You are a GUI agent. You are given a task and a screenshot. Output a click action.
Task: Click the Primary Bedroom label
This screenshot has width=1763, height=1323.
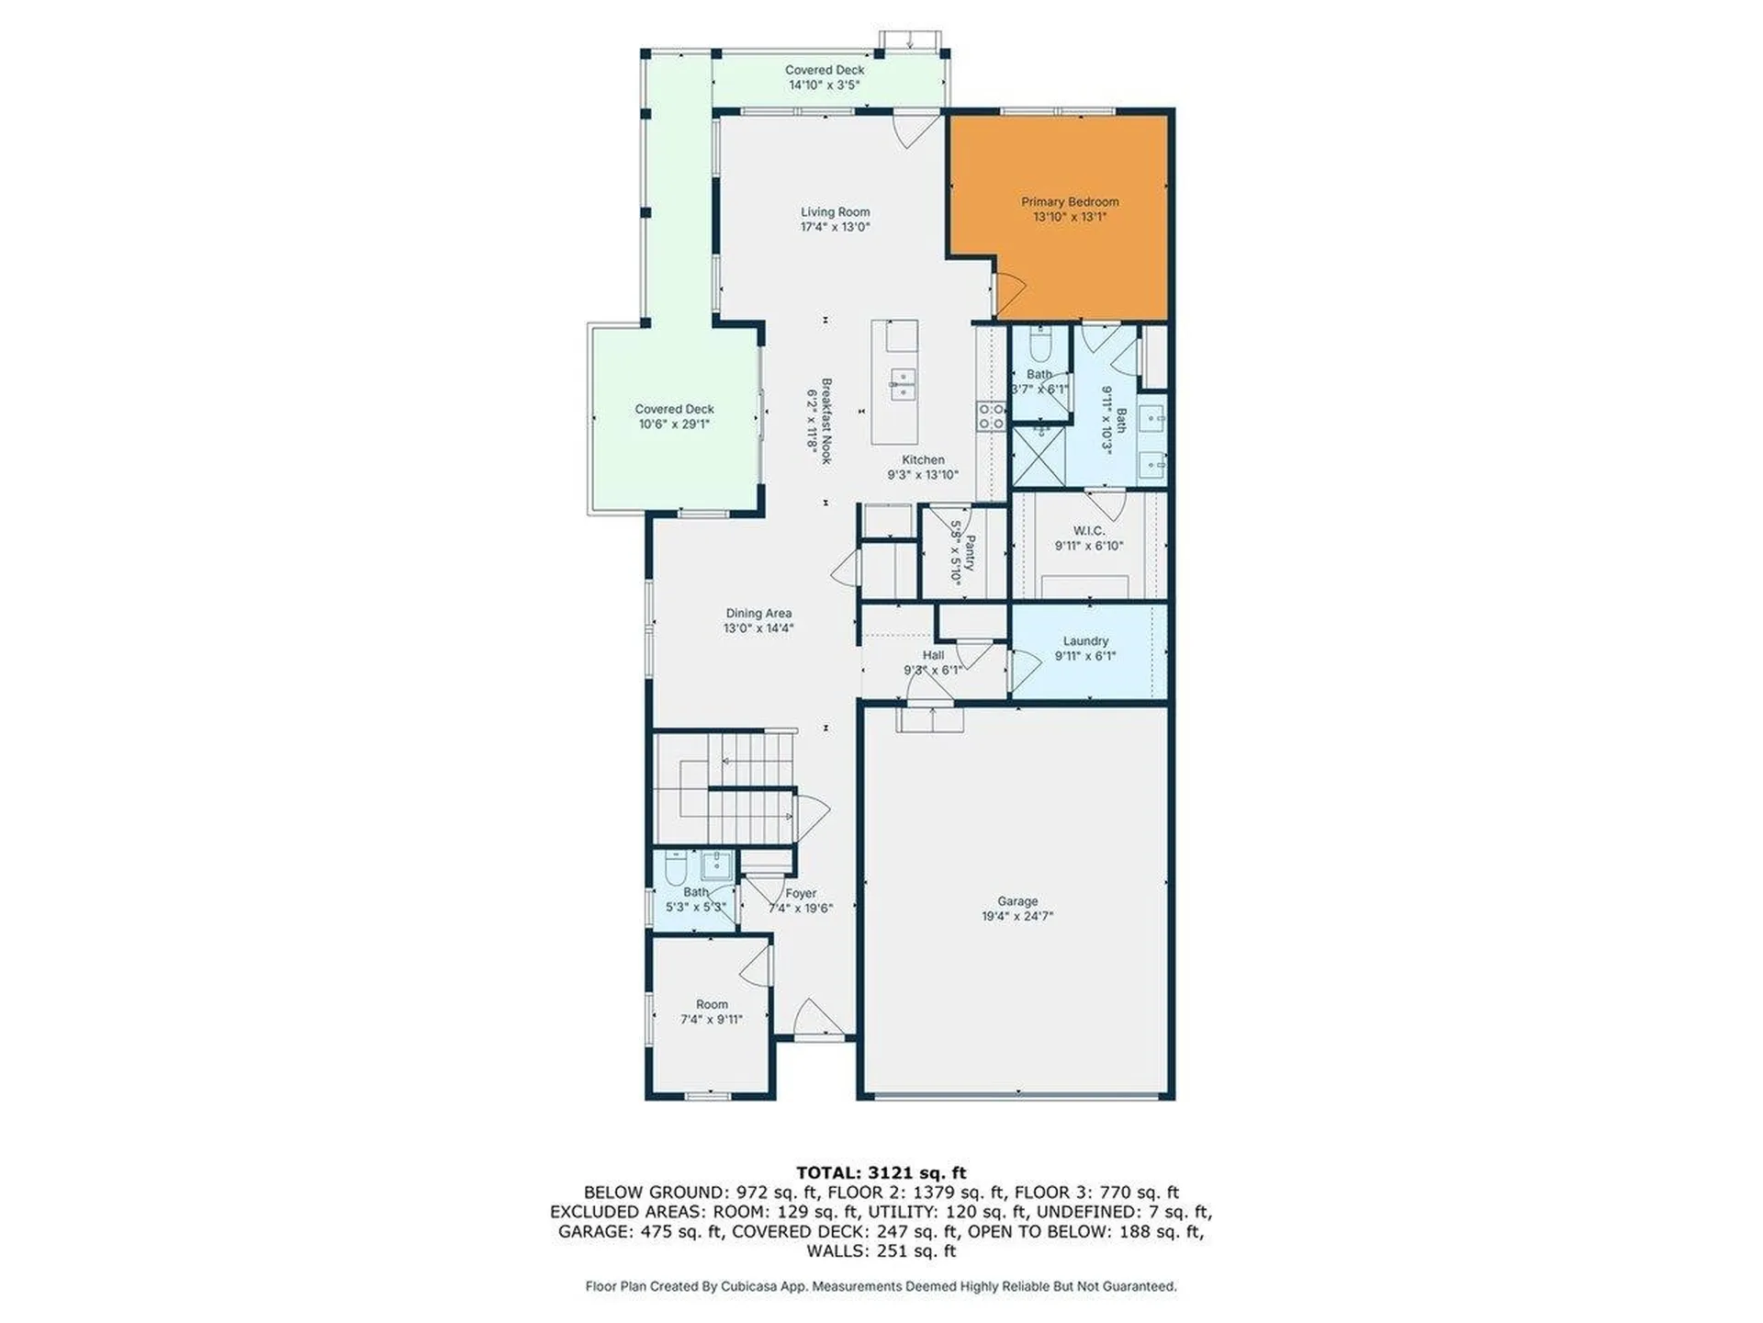coord(1070,202)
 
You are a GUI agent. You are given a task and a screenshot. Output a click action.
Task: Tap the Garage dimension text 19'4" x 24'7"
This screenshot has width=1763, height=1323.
coord(1016,916)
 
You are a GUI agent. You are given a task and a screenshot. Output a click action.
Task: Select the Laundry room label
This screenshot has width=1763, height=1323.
coord(1085,641)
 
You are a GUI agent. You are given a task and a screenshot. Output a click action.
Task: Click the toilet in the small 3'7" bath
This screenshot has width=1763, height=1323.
coord(1040,346)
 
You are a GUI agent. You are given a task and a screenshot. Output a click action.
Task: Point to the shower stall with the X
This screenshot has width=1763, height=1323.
coord(1039,456)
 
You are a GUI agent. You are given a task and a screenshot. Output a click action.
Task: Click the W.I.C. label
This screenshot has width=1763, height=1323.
coord(1088,531)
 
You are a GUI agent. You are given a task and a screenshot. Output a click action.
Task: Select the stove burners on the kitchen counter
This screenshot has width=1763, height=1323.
coord(991,416)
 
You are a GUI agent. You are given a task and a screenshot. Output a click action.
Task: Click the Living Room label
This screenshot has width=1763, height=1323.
coord(835,212)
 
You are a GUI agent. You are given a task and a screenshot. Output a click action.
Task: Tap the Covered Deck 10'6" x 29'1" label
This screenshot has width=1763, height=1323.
coord(674,410)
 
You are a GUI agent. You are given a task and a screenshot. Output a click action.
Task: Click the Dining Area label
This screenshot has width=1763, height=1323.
coord(758,614)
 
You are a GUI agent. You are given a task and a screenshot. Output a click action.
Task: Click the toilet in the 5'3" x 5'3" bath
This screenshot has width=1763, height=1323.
coord(673,867)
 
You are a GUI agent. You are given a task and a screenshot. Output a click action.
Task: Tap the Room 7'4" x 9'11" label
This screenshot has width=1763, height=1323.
coord(711,1005)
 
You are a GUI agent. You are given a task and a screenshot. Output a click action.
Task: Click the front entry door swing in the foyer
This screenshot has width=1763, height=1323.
coord(817,1018)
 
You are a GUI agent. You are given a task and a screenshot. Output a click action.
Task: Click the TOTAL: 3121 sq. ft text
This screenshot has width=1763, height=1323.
coord(881,1172)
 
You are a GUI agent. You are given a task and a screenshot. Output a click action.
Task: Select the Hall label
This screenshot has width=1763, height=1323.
coord(933,655)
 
